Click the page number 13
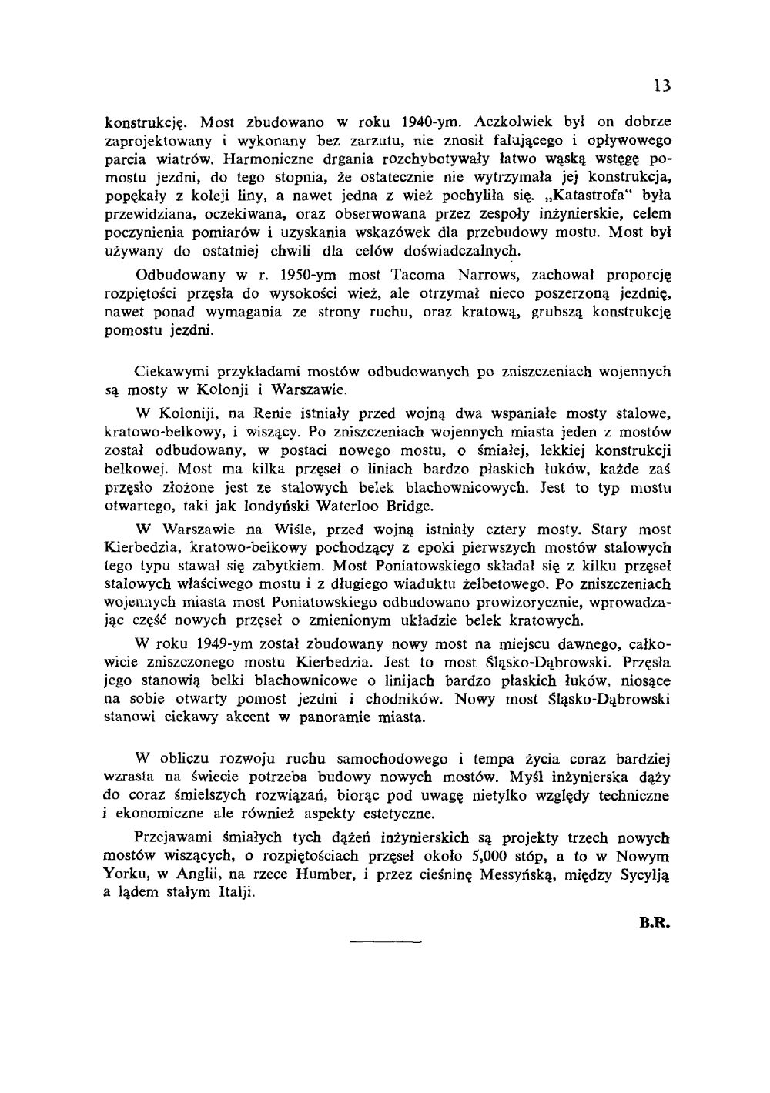662,85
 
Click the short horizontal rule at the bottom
385,941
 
